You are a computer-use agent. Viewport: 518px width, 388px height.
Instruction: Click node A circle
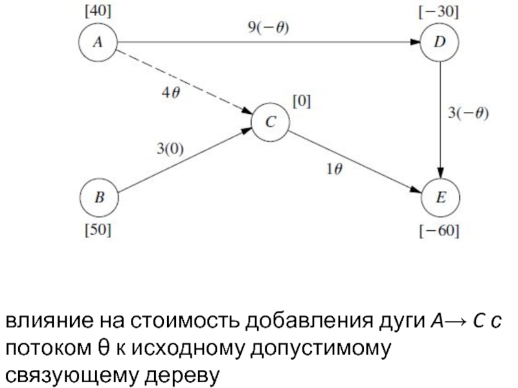(x=97, y=43)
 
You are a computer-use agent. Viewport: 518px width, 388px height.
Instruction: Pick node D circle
(x=440, y=43)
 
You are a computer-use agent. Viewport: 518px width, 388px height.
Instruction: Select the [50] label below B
(x=98, y=230)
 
